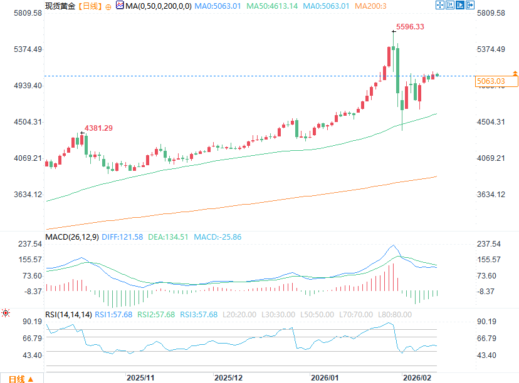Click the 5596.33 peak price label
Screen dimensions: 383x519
tap(412, 27)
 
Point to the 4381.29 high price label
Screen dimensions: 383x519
tap(99, 128)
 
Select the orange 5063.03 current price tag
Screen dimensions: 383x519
tap(491, 81)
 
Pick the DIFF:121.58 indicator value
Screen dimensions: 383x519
tap(122, 237)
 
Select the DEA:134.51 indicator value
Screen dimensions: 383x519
tap(169, 237)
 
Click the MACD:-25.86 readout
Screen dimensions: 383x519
tap(217, 237)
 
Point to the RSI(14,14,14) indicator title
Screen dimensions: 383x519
tap(68, 314)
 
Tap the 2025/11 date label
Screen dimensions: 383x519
tap(140, 377)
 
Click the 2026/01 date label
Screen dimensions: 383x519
tap(325, 377)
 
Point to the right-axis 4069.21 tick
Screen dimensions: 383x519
tap(491, 158)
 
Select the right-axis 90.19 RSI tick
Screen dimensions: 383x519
tap(487, 322)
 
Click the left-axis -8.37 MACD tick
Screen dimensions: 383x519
tap(31, 292)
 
